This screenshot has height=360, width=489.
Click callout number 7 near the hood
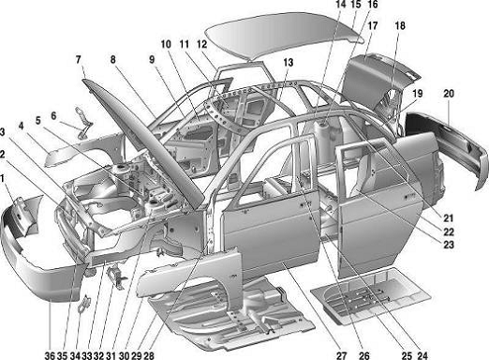pos(79,59)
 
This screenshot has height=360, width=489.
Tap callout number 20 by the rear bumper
pos(449,94)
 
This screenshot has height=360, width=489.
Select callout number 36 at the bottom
pos(50,355)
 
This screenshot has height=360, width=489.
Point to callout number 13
pos(289,63)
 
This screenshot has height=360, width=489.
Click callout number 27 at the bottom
pos(342,355)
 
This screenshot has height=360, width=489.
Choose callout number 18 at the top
pos(400,25)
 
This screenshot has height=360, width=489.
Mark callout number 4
pos(21,127)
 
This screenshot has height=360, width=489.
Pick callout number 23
pos(449,245)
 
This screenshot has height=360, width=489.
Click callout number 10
pos(166,44)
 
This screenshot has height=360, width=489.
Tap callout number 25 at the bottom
pos(407,355)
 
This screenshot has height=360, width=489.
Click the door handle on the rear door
pos(409,196)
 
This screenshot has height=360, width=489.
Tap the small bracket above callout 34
pos(83,303)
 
